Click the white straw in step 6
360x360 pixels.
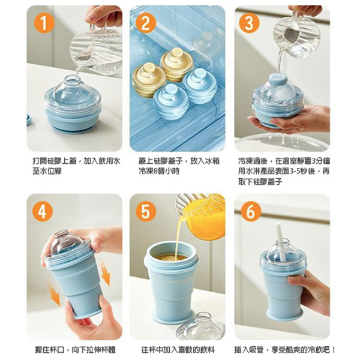click(279, 241)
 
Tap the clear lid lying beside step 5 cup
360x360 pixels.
click(199, 327)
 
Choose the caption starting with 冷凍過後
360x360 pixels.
click(283, 171)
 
